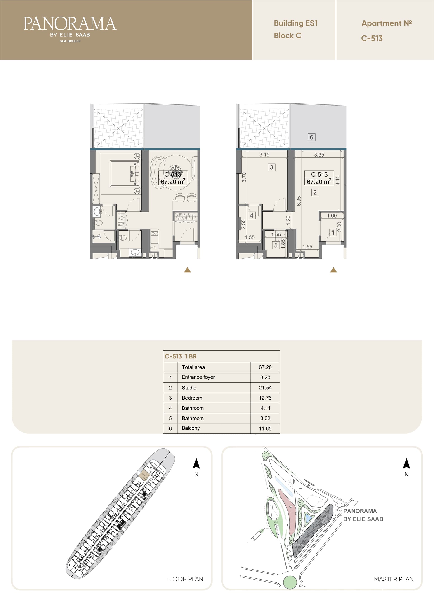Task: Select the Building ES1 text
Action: (296, 23)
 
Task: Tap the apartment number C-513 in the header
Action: (372, 38)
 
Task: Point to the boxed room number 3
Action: (271, 167)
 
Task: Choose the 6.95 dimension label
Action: (299, 201)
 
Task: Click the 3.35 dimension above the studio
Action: (319, 154)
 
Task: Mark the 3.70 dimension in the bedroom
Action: (244, 177)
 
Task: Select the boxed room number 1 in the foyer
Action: (333, 233)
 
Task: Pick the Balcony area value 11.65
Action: (265, 428)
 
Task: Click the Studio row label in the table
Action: (189, 388)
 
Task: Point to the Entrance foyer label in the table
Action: (198, 377)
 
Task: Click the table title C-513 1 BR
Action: (181, 356)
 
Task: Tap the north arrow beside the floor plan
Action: (196, 463)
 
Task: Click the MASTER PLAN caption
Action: (394, 579)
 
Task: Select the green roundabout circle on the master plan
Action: (290, 582)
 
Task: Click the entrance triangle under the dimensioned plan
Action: (333, 270)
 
